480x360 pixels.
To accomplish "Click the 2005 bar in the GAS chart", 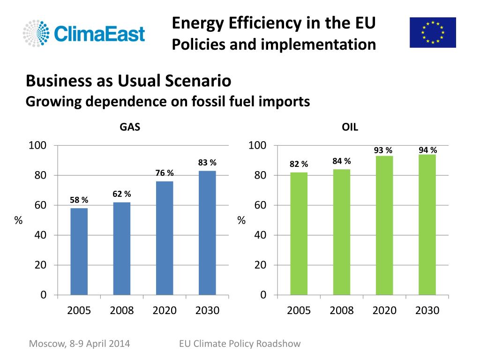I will click(x=79, y=251).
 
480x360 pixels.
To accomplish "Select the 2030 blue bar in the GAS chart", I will click(x=207, y=233).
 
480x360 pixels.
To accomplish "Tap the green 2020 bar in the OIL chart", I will click(x=384, y=225).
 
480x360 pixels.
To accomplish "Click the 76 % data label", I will click(x=165, y=173).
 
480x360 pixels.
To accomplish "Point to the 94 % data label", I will click(x=427, y=150).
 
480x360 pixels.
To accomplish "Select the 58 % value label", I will click(x=79, y=200).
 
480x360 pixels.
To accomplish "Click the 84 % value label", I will click(x=342, y=161).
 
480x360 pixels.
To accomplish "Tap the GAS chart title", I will click(x=130, y=127).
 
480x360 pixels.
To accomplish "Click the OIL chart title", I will click(x=350, y=127).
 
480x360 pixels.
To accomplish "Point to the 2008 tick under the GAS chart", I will click(x=121, y=310).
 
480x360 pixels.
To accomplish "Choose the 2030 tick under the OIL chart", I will click(x=427, y=310).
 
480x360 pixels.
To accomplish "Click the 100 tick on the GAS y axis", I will click(x=37, y=145).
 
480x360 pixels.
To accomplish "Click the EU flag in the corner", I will click(x=433, y=32).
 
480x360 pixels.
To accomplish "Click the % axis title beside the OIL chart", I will click(x=241, y=220).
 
